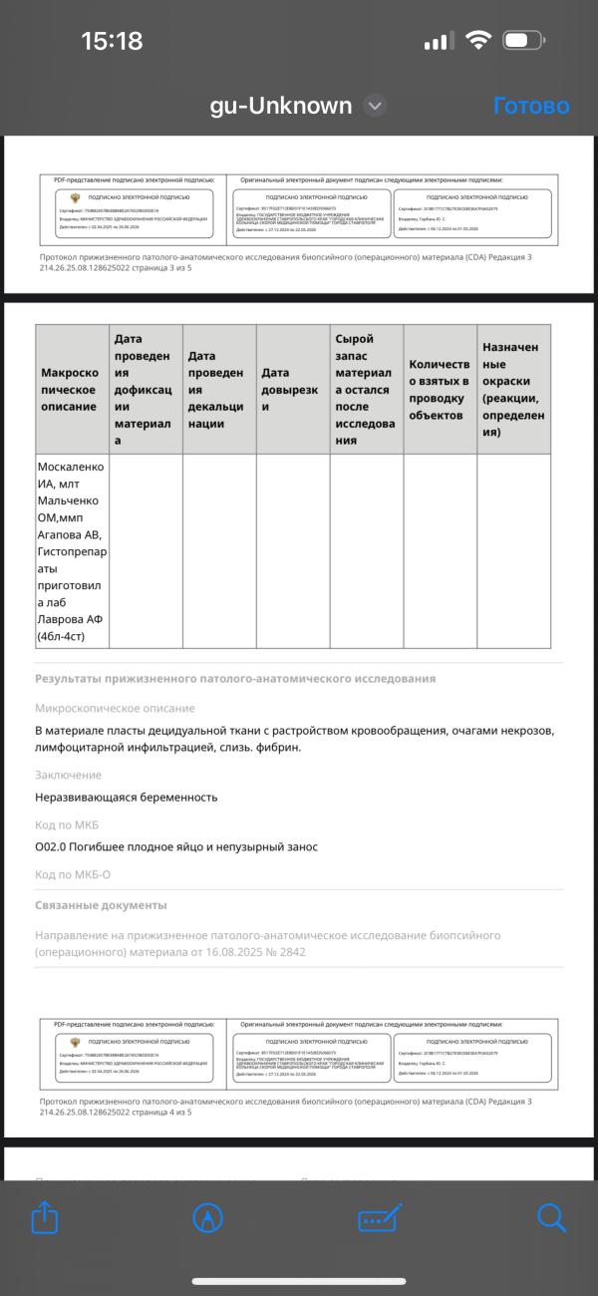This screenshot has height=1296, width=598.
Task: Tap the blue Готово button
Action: pos(530,106)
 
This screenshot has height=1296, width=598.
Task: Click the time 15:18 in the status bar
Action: pos(112,41)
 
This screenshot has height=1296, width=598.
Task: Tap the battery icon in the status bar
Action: pos(522,41)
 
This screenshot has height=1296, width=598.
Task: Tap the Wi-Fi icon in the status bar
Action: pos(478,41)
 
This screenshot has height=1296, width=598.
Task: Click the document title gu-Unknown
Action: pos(281,106)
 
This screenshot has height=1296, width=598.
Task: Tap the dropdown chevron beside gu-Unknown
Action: pos(375,106)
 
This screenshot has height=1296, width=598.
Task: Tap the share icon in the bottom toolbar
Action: pos(46,1217)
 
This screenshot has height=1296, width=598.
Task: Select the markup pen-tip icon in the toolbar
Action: pos(207,1217)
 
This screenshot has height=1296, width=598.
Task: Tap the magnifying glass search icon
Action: pos(551,1217)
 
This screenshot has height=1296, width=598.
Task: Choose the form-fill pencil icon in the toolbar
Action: pos(380,1217)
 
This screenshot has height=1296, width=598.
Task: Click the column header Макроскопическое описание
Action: pos(72,390)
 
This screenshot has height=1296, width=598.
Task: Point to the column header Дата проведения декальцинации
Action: pos(219,390)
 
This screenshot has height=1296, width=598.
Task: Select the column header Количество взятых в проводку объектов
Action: pos(440,390)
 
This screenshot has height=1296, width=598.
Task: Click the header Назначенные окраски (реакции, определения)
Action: pos(513,390)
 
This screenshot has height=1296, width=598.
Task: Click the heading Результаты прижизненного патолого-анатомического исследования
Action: pos(235,679)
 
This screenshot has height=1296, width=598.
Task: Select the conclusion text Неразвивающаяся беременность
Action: pos(126,798)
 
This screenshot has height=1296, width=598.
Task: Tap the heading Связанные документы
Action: pos(101,905)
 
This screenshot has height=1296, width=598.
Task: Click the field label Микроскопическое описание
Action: pos(115,709)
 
